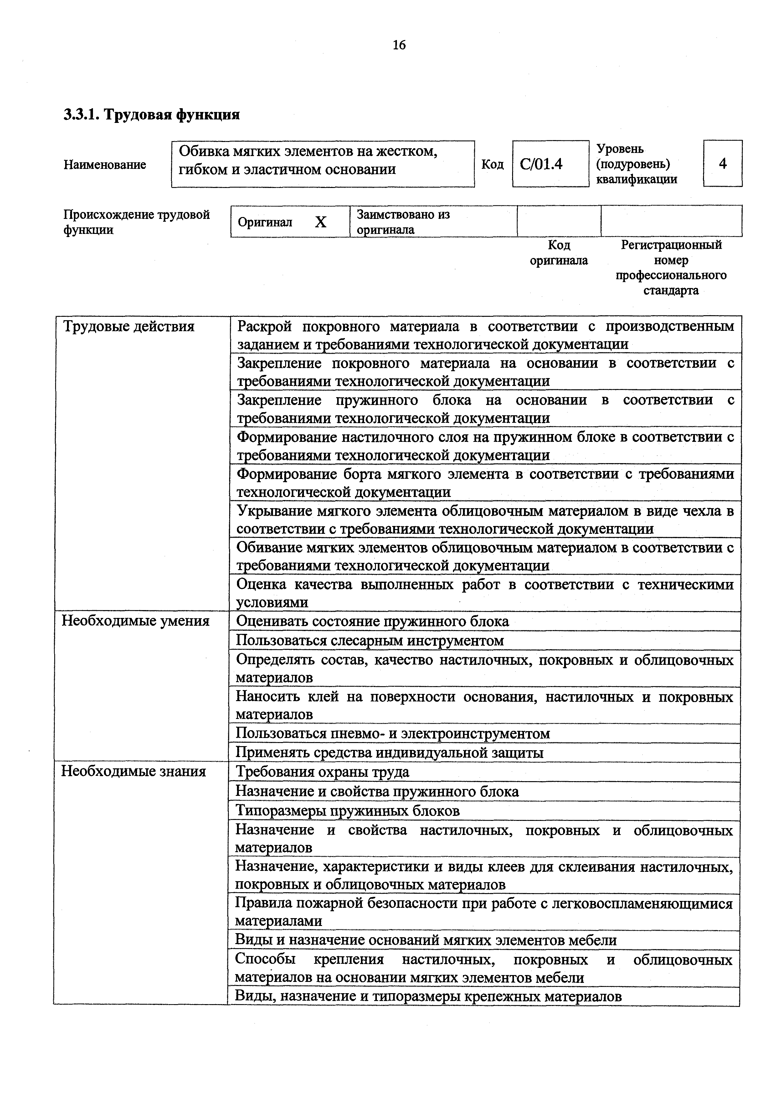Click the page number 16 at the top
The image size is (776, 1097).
tap(399, 45)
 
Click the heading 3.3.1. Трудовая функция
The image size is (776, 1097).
tap(152, 115)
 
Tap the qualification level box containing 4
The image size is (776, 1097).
tap(722, 164)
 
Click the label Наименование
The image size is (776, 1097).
tap(105, 165)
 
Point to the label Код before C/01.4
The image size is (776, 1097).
tap(492, 164)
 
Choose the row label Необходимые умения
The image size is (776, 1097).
tap(136, 621)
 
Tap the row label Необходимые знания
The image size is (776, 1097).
tap(134, 772)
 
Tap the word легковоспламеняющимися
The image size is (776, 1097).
tap(643, 904)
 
